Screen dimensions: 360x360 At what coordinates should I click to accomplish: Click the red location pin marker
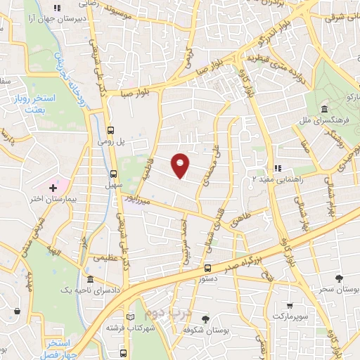pos(181,165)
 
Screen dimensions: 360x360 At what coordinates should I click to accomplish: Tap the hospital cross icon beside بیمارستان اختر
pos(53,187)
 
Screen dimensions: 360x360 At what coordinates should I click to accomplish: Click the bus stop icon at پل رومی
pos(111,129)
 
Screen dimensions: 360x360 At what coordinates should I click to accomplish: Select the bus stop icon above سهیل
pos(114,173)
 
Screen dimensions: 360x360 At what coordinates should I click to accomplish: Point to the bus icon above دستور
pos(207,267)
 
